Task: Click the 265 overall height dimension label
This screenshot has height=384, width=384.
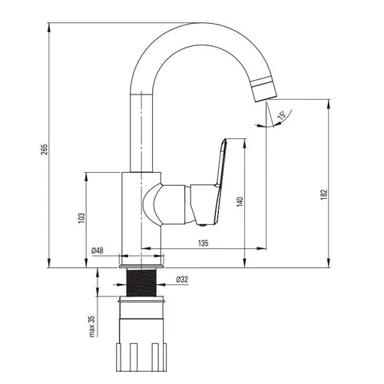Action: (x=45, y=150)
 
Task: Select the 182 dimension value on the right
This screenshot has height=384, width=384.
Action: (x=324, y=194)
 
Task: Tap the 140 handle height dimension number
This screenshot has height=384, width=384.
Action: (x=240, y=202)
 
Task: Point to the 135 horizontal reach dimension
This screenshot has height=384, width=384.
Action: (x=204, y=243)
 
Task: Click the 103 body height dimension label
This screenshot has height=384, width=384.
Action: (x=81, y=218)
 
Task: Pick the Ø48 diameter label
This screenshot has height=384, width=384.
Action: (x=98, y=250)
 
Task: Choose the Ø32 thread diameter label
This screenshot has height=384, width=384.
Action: (x=182, y=280)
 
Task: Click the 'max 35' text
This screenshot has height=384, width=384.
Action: (x=92, y=326)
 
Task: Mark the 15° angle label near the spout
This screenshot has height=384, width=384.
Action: (x=281, y=115)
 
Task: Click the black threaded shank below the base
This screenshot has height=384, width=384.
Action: (x=141, y=283)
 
